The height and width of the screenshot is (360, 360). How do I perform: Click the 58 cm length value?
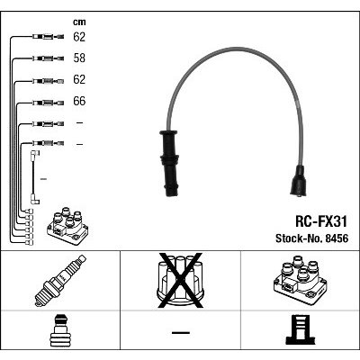pos(79,58)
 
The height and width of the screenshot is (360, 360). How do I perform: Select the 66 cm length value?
pos(79,101)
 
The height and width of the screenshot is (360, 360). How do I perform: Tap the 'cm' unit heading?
pos(79,22)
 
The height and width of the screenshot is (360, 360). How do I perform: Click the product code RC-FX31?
pos(321,221)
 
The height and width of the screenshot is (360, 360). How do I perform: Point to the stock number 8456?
pos(336,238)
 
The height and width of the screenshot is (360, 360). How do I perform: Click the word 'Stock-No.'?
pos(298,238)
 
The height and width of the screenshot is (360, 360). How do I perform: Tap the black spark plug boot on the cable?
pos(169,163)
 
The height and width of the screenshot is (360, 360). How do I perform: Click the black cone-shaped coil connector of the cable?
pos(298,181)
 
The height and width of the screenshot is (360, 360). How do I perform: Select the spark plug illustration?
pos(60,281)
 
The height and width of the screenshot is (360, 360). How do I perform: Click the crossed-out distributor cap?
pos(180,281)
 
